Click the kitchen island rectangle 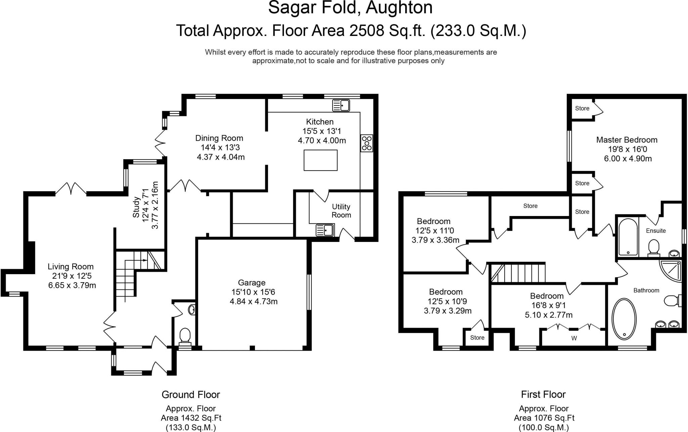click(320, 160)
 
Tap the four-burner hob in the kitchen click(367, 143)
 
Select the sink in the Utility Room click(324, 230)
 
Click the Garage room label click(252, 283)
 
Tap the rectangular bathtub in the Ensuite click(628, 237)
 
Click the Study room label click(136, 207)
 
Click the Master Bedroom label click(627, 140)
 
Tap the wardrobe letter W click(574, 338)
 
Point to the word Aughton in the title click(399, 8)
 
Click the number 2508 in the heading click(367, 31)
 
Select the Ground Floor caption click(191, 394)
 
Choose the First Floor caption click(543, 394)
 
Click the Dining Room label click(219, 138)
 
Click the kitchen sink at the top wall click(341, 105)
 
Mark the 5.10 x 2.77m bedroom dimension click(549, 315)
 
